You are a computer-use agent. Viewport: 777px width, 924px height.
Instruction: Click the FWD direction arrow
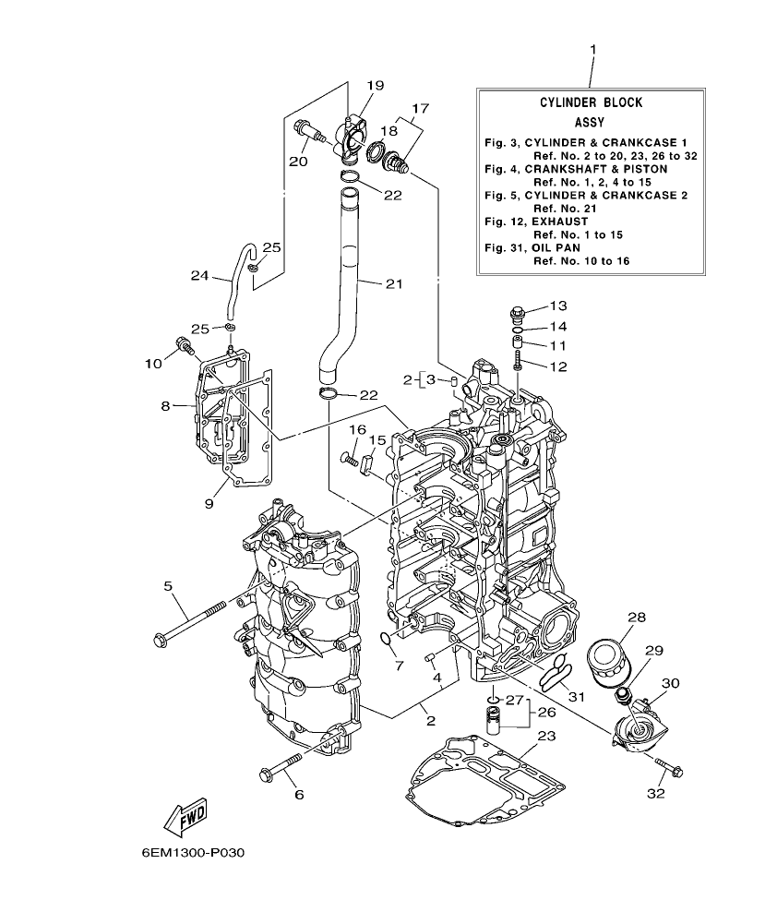pos(185,814)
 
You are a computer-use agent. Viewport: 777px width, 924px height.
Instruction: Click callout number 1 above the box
pos(592,48)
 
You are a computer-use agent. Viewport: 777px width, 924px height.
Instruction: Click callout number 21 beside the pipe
pos(394,283)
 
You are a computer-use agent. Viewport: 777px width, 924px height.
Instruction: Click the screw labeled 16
pos(349,457)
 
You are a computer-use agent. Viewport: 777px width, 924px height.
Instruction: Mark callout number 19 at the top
pos(374,86)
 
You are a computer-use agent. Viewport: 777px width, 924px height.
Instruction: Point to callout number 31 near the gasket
pos(576,695)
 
